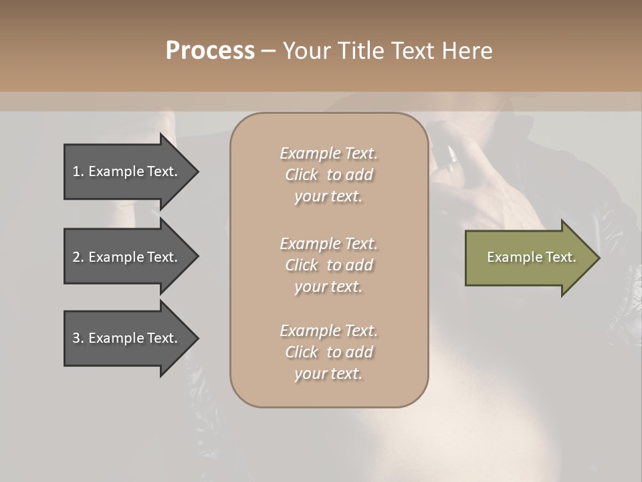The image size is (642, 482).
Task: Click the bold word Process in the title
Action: [x=210, y=51]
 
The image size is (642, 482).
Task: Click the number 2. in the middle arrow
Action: [x=78, y=257]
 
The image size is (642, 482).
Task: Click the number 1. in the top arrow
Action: [x=78, y=171]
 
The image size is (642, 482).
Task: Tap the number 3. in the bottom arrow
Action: [x=78, y=338]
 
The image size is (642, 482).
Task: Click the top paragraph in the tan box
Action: [x=328, y=175]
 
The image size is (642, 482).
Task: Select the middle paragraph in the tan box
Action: [x=328, y=265]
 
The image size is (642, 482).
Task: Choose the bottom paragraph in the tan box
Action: [x=328, y=352]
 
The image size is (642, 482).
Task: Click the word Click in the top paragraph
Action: [x=302, y=175]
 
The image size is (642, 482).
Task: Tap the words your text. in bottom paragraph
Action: [x=328, y=374]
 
